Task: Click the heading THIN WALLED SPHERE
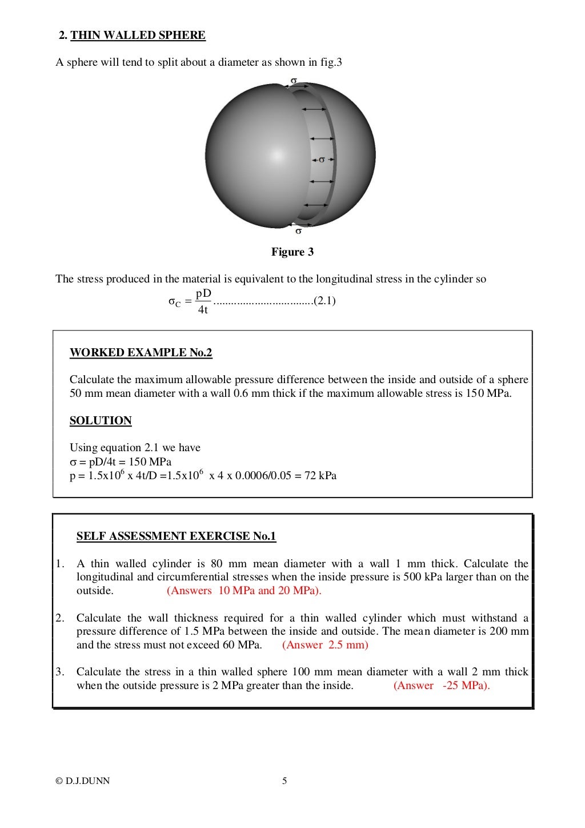point(138,35)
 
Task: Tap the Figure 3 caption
point(292,252)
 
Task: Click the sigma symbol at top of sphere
point(294,80)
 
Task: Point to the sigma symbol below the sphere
point(298,231)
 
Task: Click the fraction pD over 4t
point(203,302)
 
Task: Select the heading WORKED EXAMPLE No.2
point(141,352)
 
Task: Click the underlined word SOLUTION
point(101,421)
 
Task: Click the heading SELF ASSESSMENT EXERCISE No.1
point(176,536)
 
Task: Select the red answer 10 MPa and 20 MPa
point(244,591)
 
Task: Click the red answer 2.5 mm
point(326,645)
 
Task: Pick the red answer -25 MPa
point(442,686)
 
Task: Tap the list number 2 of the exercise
point(59,618)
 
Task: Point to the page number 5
point(285,781)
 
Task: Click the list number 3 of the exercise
point(59,672)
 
